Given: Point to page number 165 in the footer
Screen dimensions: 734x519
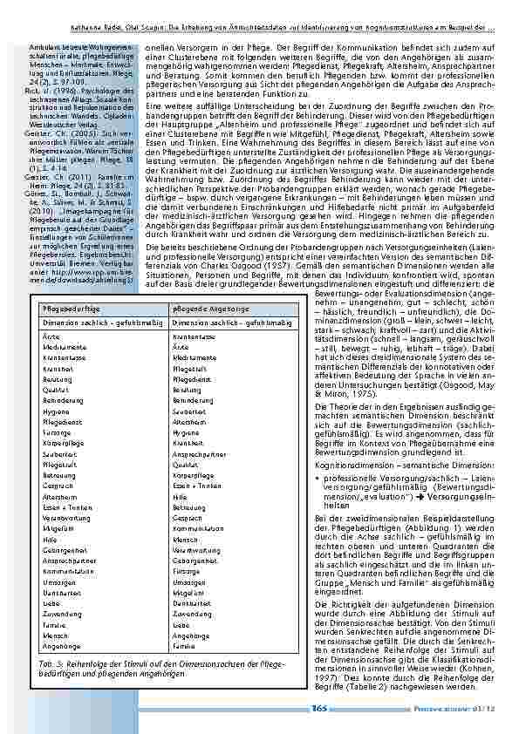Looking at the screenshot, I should coord(318,707).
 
